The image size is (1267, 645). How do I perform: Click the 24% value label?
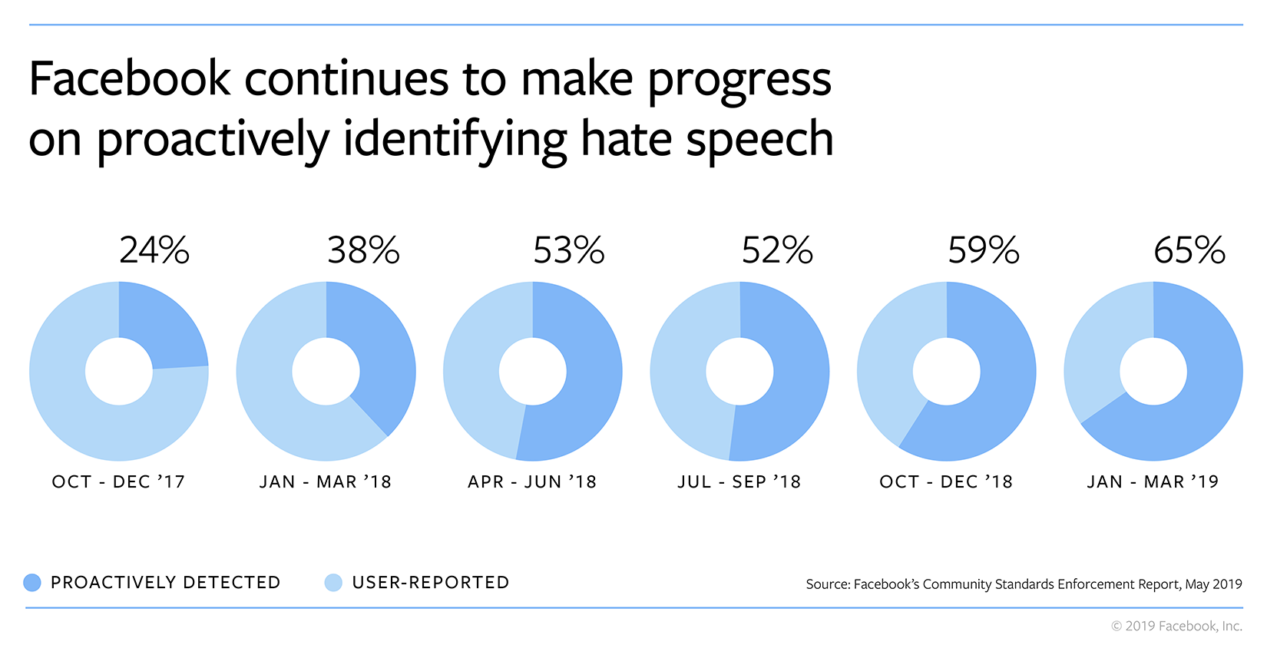(154, 250)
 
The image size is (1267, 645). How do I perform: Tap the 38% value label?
(363, 250)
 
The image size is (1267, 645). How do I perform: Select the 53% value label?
(569, 250)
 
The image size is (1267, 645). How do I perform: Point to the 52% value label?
(777, 250)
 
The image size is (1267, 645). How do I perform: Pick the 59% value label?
(984, 250)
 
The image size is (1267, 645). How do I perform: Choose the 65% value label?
(1189, 250)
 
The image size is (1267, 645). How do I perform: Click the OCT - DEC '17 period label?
(118, 482)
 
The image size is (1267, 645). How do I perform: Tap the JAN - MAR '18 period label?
(326, 482)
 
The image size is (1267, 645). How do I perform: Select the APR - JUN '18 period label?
(532, 482)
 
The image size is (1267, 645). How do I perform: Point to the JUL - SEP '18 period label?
(739, 482)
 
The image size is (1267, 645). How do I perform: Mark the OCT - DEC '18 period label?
(946, 482)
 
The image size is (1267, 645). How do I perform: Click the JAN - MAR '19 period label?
(1153, 482)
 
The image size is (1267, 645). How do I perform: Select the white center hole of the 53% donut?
(533, 372)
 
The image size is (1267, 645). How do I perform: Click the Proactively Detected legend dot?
(32, 583)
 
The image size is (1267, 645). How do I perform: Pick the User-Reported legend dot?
(333, 583)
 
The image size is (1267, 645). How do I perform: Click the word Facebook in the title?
(129, 79)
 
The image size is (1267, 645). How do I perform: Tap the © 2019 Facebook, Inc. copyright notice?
(1176, 627)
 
